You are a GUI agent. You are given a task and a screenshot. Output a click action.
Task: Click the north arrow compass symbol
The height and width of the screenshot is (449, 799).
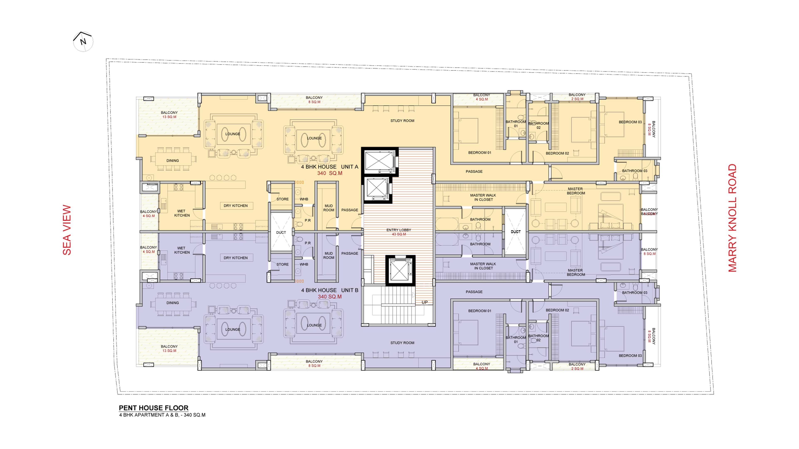click(83, 41)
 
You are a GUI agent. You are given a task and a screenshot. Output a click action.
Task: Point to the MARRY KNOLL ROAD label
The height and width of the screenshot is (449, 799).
click(732, 218)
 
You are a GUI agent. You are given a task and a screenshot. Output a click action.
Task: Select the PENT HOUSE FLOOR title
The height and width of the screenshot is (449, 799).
click(154, 408)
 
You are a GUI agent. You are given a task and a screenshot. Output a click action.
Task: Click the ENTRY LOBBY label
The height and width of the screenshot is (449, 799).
click(399, 230)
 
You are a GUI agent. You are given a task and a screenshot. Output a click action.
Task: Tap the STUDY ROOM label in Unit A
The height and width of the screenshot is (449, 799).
click(402, 121)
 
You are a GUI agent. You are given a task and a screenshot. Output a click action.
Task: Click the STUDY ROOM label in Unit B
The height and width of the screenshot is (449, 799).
click(402, 343)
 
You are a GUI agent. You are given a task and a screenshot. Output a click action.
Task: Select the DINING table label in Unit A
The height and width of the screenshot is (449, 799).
click(172, 160)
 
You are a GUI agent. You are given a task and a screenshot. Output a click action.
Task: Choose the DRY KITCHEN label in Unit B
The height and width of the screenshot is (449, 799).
click(236, 258)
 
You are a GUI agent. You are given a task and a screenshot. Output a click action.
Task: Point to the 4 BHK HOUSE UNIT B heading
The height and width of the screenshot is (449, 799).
click(330, 290)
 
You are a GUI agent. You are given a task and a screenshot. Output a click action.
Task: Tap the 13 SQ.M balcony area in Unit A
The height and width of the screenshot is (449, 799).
click(169, 117)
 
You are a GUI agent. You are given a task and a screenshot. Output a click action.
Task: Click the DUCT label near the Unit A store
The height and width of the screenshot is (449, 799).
click(281, 232)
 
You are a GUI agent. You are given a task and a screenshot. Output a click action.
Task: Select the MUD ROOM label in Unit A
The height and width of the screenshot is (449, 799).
click(329, 208)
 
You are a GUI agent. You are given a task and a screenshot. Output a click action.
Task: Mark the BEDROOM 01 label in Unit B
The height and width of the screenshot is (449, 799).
click(480, 311)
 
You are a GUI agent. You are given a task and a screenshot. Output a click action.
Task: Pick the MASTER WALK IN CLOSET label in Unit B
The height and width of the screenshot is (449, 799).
click(483, 266)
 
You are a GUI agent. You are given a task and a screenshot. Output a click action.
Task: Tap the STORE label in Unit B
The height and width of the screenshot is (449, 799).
click(282, 264)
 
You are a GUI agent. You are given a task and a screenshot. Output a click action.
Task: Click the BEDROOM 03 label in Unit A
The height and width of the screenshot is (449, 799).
click(630, 122)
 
